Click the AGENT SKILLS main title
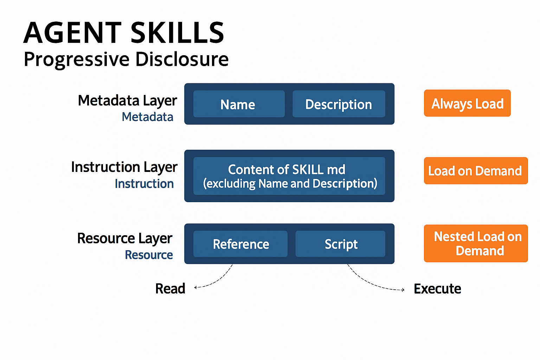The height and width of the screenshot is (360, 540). click(124, 32)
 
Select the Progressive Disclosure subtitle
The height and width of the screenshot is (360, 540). click(126, 59)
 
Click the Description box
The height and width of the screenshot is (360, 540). click(339, 104)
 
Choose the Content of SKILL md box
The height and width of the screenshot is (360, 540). click(289, 176)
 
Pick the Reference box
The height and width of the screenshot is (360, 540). click(240, 244)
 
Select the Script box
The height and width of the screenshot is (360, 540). click(340, 244)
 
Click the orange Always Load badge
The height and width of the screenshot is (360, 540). click(467, 103)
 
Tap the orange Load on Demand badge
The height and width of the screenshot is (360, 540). click(476, 171)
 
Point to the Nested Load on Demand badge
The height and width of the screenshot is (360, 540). click(476, 243)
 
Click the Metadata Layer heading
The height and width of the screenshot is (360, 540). click(127, 101)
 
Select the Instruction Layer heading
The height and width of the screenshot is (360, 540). click(124, 167)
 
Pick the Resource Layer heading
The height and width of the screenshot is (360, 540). click(124, 238)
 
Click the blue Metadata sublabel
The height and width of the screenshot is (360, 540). click(147, 117)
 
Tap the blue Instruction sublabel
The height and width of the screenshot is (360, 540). click(144, 184)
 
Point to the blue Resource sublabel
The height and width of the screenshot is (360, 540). click(149, 255)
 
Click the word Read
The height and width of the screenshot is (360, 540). click(170, 289)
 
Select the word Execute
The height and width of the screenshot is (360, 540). click(437, 289)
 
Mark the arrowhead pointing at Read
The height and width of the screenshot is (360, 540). click(195, 287)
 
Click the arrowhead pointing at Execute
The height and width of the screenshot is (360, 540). click(403, 290)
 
